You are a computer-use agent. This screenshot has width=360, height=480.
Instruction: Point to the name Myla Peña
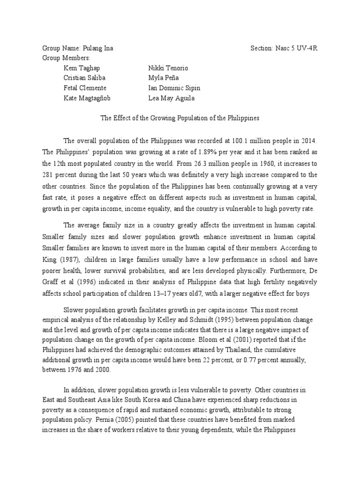coord(164,78)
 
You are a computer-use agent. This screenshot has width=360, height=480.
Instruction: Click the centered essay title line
coord(180,118)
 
